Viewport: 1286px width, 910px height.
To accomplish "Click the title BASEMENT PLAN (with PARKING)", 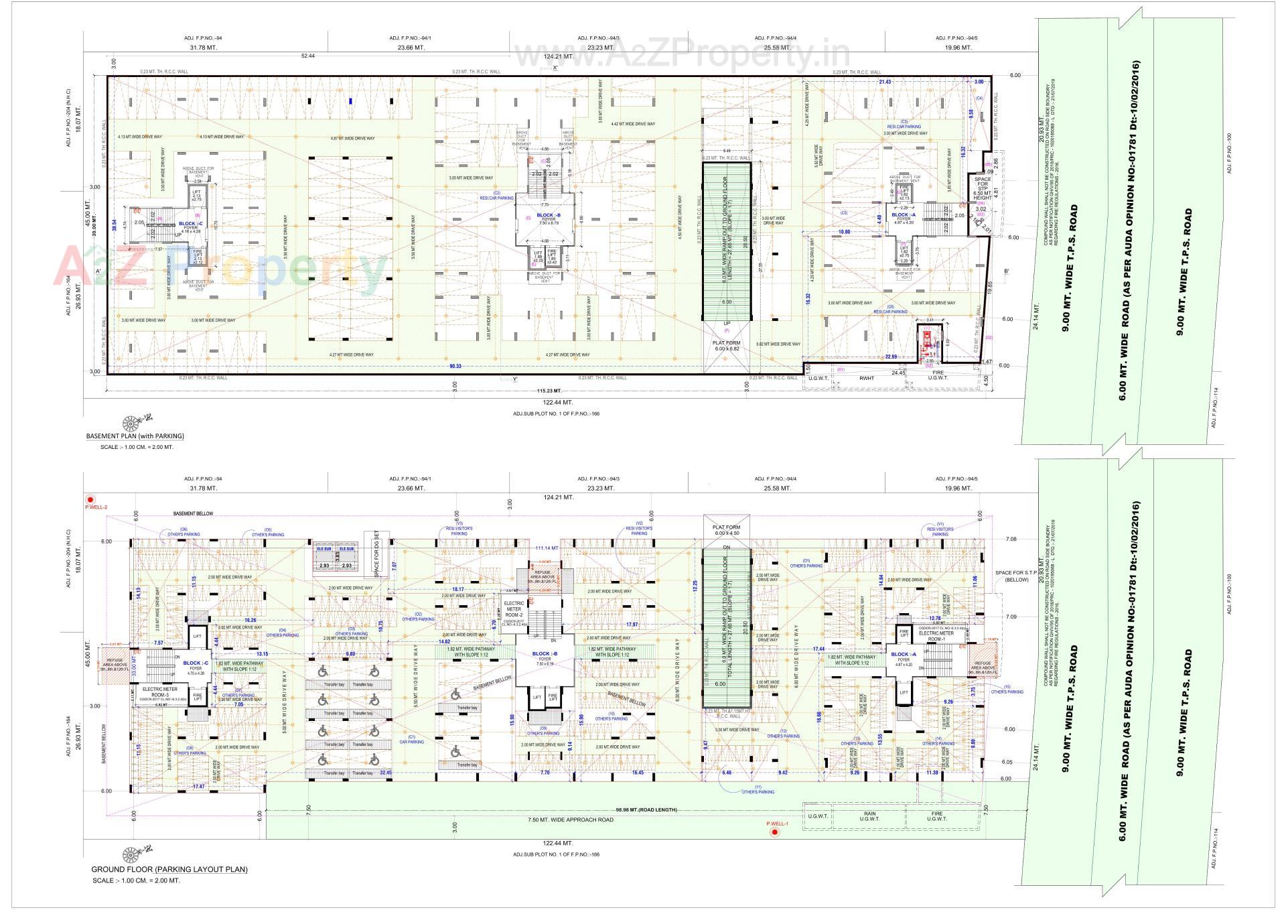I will coord(135,436).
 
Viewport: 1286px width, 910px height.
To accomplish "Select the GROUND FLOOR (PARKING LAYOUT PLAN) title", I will coord(169,870).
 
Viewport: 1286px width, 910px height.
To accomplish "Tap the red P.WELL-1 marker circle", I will coord(775,832).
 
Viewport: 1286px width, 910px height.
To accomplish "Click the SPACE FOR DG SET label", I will coord(376,556).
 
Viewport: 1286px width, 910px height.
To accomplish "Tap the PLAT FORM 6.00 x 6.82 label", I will coord(726,346).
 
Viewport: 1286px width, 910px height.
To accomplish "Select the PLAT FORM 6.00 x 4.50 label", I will coord(726,530).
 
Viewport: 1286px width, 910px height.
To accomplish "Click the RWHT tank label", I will coord(868,377).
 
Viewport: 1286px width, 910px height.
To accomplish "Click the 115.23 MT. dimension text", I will coord(550,391).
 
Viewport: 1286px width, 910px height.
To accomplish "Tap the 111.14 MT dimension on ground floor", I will coord(547,548).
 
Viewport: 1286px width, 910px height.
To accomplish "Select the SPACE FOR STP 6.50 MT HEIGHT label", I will coord(983,188).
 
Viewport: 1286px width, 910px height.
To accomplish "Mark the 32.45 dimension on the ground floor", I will coord(386,773).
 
